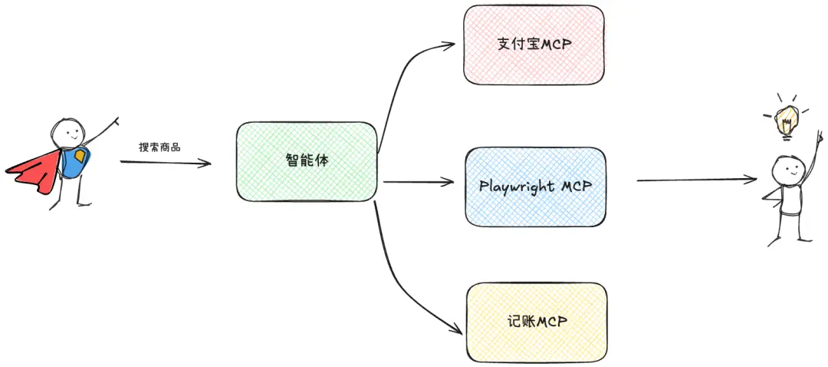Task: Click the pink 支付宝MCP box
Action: tap(534, 45)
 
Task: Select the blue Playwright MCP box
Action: tap(535, 187)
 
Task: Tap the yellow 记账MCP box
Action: tap(537, 322)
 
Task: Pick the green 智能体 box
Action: tap(307, 161)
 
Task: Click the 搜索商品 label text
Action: tap(159, 147)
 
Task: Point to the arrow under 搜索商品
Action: tap(166, 162)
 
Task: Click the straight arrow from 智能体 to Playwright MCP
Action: tap(419, 182)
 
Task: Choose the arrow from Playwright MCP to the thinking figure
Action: tap(697, 180)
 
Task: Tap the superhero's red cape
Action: tap(34, 169)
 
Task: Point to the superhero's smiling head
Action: tap(67, 132)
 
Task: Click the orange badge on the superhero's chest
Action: tap(80, 156)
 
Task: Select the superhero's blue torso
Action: tap(75, 161)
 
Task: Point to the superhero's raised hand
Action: tap(115, 121)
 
